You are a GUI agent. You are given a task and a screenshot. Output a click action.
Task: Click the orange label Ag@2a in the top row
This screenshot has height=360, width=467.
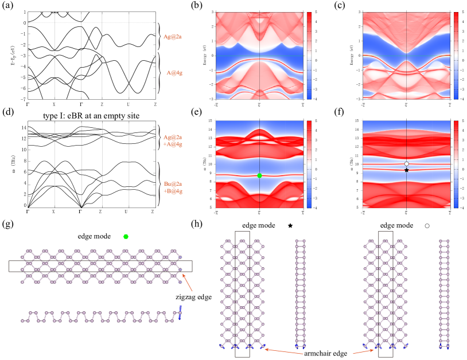[x=173, y=37]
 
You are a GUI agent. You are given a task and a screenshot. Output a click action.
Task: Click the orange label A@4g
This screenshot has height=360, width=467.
[x=174, y=73]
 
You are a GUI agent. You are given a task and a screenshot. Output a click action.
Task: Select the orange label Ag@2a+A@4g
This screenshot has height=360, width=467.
[x=173, y=140]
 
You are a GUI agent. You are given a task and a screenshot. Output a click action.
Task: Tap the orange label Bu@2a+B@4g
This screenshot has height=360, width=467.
[x=173, y=187]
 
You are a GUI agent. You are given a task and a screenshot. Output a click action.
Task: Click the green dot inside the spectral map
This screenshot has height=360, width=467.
[x=259, y=175]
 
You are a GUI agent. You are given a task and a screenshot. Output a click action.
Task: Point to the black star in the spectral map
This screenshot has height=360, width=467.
[x=407, y=170]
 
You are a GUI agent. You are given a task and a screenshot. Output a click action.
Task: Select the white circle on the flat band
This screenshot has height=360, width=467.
[x=407, y=164]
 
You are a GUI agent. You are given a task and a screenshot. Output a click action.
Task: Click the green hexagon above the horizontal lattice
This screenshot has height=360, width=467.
[x=126, y=236]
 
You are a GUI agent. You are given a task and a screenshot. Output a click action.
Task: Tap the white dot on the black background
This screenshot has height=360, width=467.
[x=427, y=226]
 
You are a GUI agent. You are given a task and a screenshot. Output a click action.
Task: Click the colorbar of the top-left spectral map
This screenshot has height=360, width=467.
[x=309, y=56]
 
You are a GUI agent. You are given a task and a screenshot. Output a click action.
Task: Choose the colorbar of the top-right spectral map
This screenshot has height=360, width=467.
[x=456, y=56]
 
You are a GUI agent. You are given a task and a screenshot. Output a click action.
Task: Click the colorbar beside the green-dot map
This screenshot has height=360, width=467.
[x=309, y=164]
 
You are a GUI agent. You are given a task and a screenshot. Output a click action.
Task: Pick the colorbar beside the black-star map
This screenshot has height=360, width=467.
[x=456, y=164]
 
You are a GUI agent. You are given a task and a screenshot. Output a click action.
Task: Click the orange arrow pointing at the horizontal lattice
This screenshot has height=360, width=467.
[x=187, y=283]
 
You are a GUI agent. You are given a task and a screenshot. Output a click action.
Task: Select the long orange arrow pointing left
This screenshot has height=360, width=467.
[x=284, y=351]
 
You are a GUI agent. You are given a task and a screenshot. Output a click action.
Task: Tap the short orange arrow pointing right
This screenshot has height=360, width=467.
[x=363, y=352]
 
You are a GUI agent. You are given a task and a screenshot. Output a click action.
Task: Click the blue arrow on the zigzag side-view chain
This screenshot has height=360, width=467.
[x=180, y=312]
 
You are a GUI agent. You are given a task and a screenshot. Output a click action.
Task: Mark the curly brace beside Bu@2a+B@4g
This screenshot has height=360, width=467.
[x=159, y=183]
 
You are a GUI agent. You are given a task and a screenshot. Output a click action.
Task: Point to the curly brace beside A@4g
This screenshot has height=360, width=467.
[x=159, y=73]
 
